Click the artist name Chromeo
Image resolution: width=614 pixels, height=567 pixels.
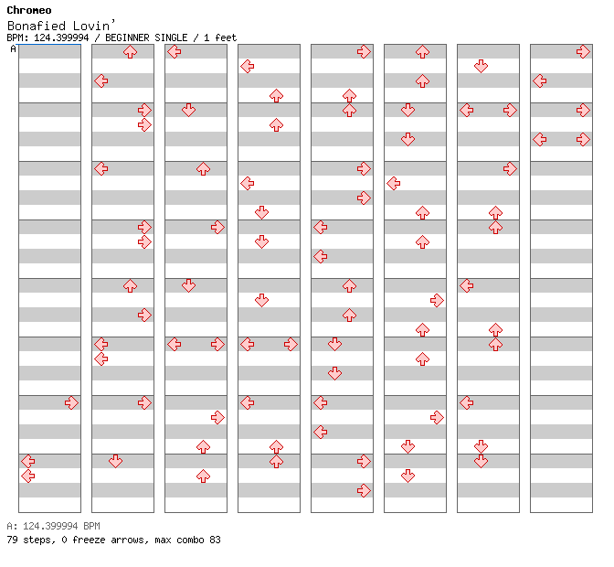tap(29, 10)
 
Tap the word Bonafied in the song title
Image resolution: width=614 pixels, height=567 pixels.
tap(37, 26)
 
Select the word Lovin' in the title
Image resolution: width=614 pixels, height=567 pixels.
tap(94, 25)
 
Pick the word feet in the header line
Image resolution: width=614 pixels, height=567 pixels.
tap(226, 37)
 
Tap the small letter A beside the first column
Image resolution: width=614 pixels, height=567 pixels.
tap(13, 48)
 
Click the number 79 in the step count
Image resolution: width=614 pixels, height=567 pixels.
tap(12, 540)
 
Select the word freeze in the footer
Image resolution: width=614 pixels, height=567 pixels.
tap(89, 540)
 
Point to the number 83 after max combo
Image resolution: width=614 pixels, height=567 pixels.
tap(215, 540)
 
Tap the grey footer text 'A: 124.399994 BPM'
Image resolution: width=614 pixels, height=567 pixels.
tap(53, 526)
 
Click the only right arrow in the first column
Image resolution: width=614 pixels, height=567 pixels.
tap(71, 402)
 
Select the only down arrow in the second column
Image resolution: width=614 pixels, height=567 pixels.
tap(115, 461)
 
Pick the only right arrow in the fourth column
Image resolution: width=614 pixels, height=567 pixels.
tap(291, 345)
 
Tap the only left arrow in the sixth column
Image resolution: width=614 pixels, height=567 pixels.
tap(394, 183)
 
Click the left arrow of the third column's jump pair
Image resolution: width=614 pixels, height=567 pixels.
tap(175, 345)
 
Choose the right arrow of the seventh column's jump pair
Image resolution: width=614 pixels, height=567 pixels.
tap(510, 110)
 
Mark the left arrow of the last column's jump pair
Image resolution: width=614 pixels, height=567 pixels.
tap(540, 140)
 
